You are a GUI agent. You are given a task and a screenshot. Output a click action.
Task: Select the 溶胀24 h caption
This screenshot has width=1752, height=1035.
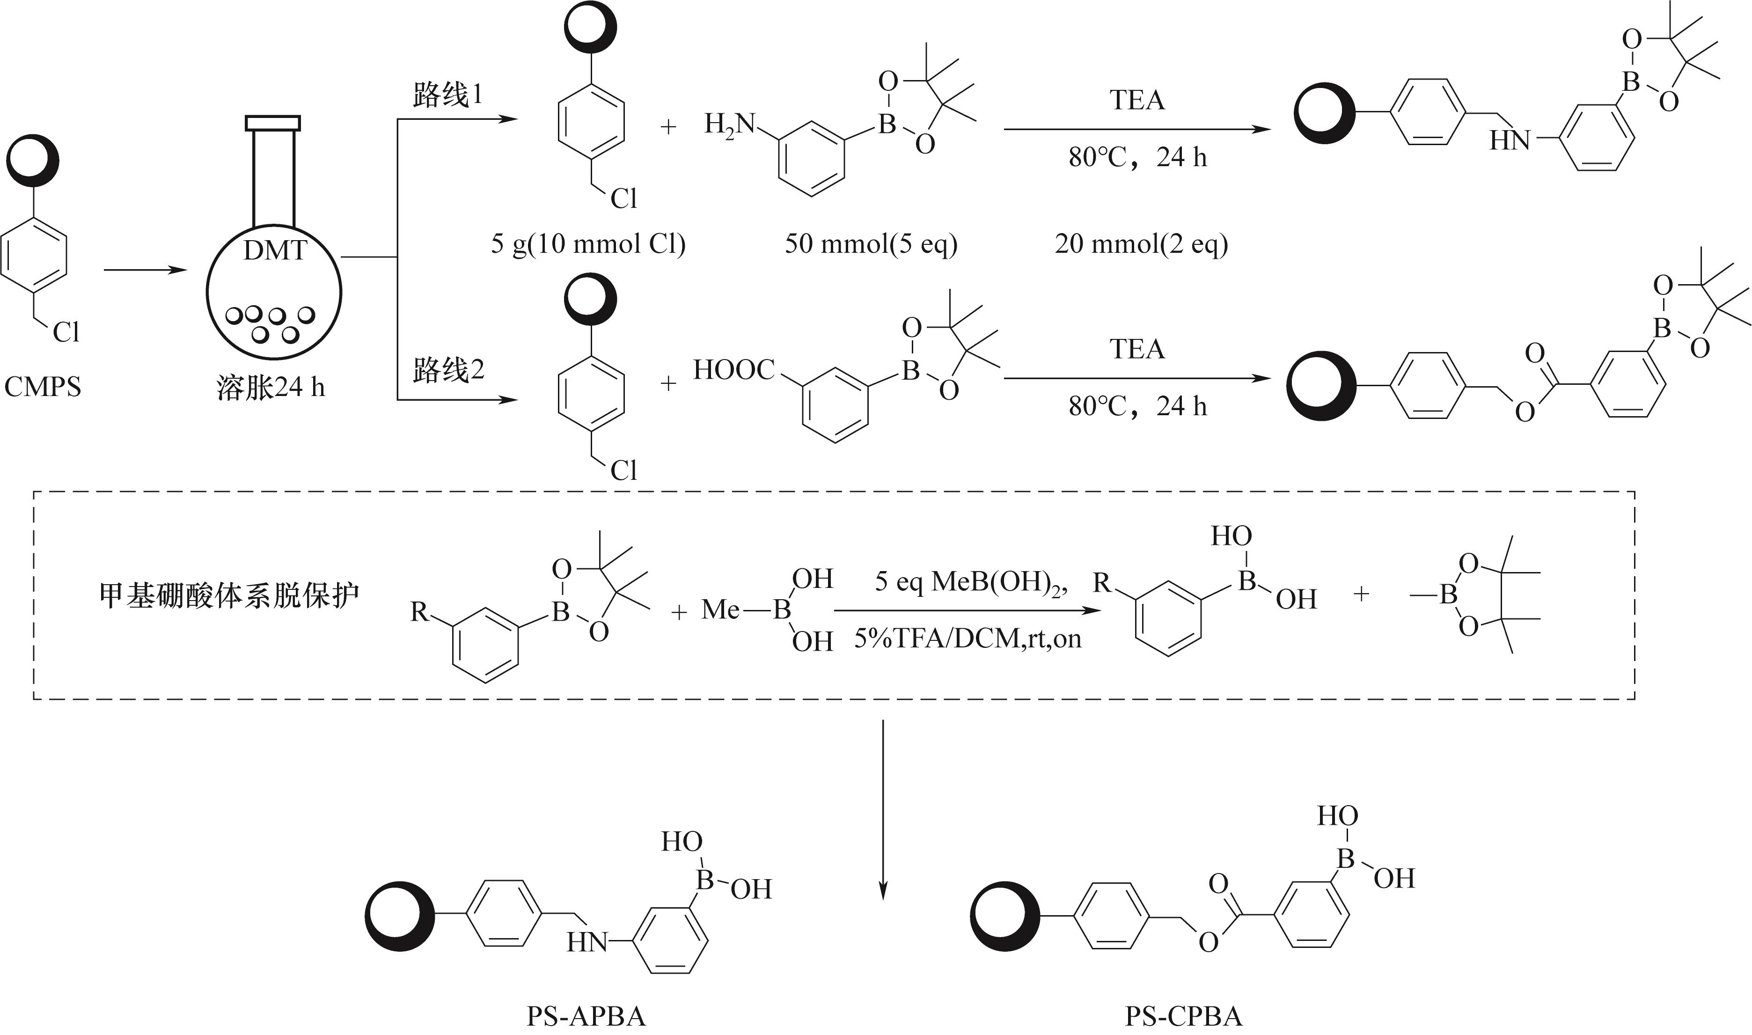pos(271,388)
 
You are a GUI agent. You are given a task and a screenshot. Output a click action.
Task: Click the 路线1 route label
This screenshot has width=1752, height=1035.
pos(447,95)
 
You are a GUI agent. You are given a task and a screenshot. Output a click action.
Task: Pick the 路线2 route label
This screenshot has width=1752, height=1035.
pos(447,370)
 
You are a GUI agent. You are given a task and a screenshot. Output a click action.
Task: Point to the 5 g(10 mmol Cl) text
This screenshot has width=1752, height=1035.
pos(588,244)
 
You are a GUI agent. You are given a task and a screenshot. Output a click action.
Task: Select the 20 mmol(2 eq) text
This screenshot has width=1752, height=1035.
pos(1141,244)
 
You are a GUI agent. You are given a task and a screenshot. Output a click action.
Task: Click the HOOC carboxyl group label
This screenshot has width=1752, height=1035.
pos(733,370)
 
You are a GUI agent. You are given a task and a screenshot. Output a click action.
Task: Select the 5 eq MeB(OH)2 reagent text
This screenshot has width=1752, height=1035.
pos(971,582)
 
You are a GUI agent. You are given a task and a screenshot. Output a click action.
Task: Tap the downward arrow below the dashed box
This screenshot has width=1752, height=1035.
pos(883,809)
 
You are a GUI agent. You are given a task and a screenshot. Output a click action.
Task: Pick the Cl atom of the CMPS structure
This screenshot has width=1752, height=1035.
pos(66,332)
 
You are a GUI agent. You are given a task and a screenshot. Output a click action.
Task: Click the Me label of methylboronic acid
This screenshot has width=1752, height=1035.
pos(720,610)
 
